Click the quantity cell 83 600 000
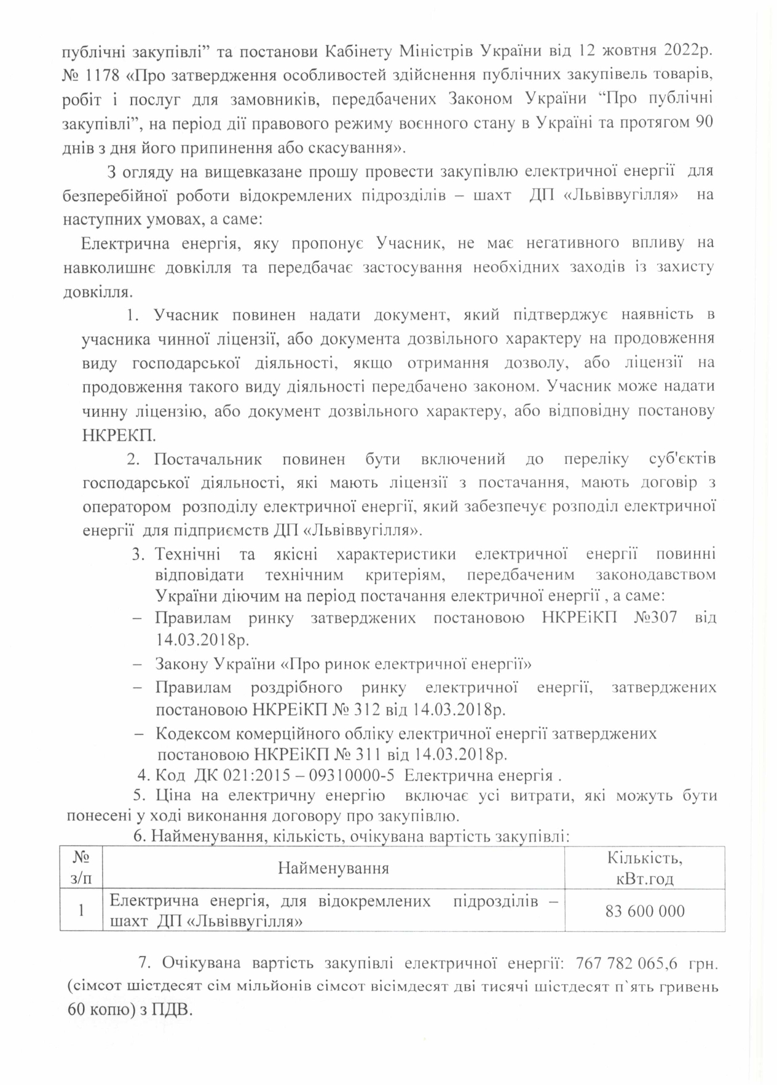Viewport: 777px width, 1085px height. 644,911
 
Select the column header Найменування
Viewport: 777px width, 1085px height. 333,868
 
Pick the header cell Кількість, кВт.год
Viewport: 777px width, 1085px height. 644,868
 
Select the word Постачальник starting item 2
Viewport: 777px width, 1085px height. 209,459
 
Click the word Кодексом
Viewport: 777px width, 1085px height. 195,733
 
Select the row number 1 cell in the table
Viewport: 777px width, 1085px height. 81,911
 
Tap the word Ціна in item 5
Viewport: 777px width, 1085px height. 170,795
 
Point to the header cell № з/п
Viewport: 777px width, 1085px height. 81,868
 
